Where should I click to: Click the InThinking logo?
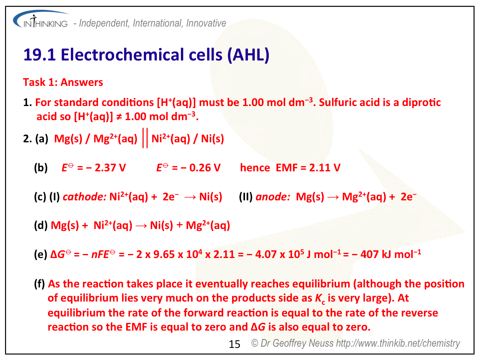pos(40,20)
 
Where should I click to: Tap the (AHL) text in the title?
pos(248,55)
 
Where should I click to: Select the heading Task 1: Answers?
pos(63,82)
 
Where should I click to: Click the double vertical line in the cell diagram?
pos(145,138)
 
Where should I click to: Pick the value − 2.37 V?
pos(106,168)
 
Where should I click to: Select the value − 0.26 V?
pos(201,168)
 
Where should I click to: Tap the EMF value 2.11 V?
pos(325,168)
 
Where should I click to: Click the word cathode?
pos(85,197)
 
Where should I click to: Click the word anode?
pos(273,197)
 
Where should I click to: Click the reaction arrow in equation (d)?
pos(141,226)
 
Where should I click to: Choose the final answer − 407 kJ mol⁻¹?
pos(386,254)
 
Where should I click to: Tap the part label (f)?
pos(39,284)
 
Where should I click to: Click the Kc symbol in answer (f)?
pos(320,299)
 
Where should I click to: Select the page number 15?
pos(235,344)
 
